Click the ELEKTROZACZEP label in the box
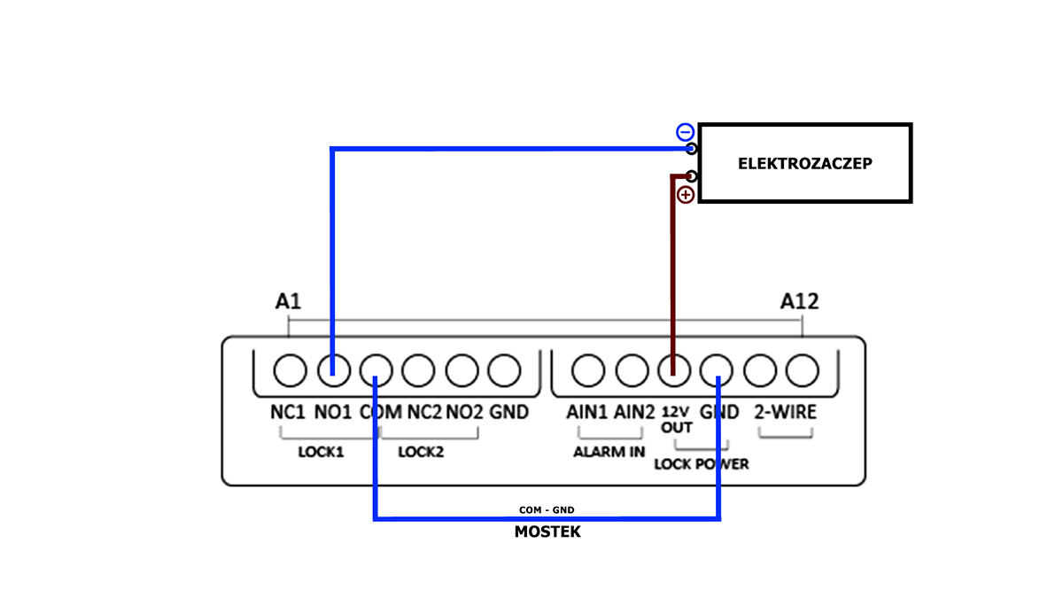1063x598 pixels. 804,164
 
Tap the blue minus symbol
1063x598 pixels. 685,133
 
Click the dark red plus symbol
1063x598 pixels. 685,195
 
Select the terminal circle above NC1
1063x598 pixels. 289,370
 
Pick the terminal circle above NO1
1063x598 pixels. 332,370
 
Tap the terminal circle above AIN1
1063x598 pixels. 587,370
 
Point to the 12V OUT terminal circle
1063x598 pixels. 673,370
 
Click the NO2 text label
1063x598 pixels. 464,412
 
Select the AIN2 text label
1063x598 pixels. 634,412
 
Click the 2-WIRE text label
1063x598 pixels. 785,412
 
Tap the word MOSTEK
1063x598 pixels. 547,532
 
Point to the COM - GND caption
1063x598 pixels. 547,510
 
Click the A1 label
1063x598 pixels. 288,302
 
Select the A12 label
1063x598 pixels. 799,302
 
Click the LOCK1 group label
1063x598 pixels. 321,452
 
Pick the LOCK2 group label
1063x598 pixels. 421,452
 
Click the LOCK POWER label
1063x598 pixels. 701,463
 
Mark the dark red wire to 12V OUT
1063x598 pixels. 672,266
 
